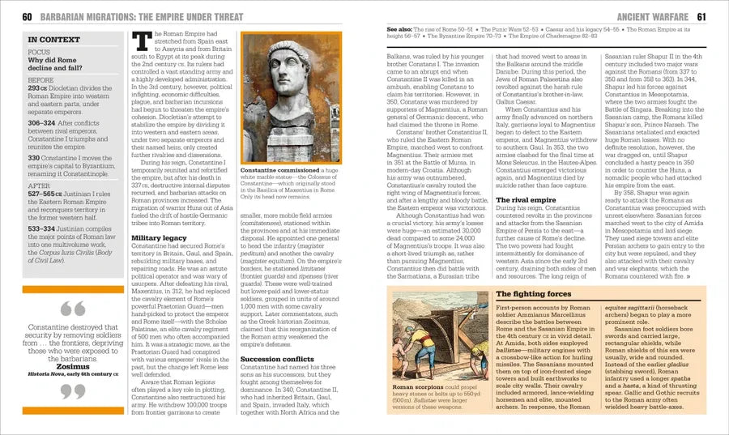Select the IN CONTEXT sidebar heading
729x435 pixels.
point(53,39)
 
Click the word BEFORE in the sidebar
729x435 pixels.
point(40,80)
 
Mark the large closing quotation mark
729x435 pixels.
point(72,392)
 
